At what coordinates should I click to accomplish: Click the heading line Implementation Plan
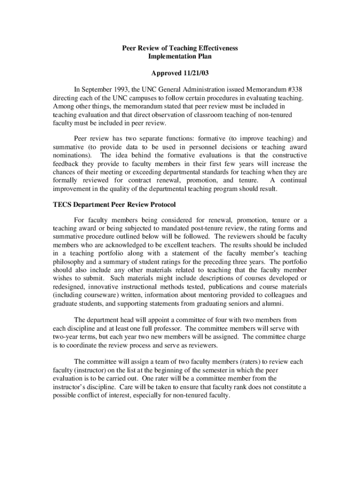pyautogui.click(x=180, y=57)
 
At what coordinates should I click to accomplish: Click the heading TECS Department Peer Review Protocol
pyautogui.click(x=114, y=205)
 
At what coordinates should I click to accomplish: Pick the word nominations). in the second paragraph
pyautogui.click(x=72, y=155)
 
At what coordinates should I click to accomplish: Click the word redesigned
pyautogui.click(x=70, y=287)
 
